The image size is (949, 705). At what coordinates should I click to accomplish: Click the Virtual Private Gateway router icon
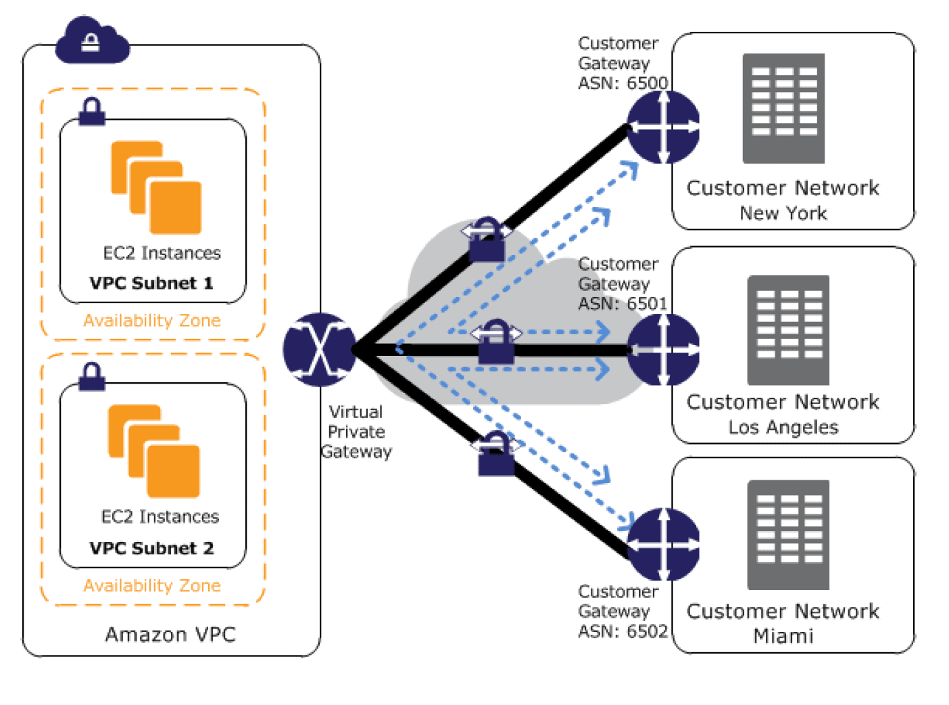[x=319, y=349]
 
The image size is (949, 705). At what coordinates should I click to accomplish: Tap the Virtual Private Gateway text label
[x=356, y=432]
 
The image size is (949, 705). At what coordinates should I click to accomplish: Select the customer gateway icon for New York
[x=663, y=127]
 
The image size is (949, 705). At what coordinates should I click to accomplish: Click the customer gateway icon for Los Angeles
[x=663, y=350]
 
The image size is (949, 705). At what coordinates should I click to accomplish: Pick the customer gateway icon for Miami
[x=663, y=544]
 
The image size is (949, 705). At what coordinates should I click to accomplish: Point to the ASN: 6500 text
[x=623, y=83]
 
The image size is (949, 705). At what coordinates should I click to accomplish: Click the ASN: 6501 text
[x=623, y=304]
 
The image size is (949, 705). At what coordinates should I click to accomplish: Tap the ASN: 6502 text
[x=623, y=631]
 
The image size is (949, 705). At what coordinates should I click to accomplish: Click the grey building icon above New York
[x=783, y=108]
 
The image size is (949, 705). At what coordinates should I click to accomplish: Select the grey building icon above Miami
[x=788, y=535]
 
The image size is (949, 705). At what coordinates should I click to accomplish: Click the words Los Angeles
[x=783, y=428]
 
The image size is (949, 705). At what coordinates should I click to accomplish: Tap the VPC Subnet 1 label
[x=151, y=283]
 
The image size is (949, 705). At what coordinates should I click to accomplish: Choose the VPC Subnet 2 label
[x=151, y=548]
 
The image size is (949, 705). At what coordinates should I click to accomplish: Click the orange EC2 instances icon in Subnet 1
[x=156, y=187]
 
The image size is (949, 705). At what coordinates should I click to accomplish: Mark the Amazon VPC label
[x=170, y=635]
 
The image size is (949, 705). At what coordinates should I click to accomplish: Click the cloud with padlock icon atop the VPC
[x=92, y=42]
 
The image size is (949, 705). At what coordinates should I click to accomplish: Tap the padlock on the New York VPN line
[x=487, y=241]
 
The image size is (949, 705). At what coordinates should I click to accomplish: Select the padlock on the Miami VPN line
[x=495, y=455]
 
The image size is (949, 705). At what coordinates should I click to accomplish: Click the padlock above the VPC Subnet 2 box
[x=92, y=377]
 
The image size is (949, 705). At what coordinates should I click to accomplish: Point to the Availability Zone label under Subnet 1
[x=152, y=321]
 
